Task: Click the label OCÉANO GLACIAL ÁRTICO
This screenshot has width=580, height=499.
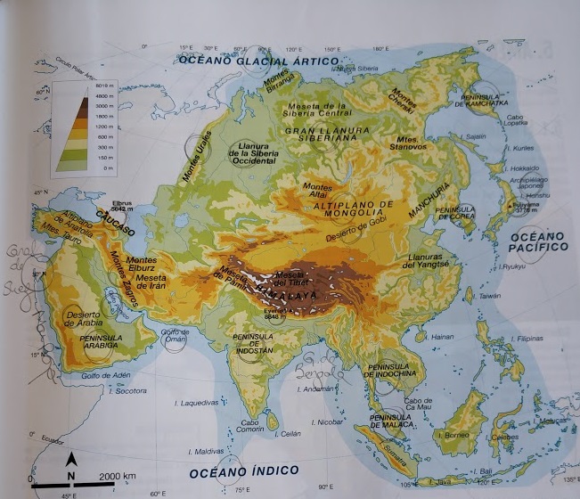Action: tap(259, 61)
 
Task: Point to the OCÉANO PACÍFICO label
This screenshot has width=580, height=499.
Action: tap(538, 240)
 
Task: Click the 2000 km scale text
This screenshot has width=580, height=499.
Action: tap(118, 477)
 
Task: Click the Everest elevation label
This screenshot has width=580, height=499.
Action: tap(274, 312)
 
